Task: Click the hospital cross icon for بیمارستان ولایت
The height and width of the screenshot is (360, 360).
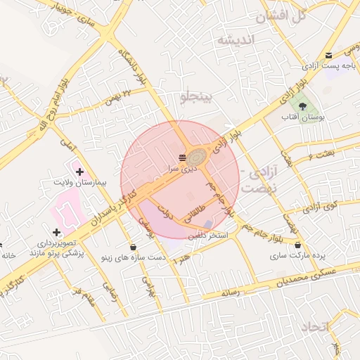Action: [79, 171]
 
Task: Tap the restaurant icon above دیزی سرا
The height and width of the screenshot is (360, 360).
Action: [182, 156]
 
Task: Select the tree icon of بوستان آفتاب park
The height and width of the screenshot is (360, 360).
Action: [302, 106]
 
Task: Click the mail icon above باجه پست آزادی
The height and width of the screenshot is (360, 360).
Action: [328, 55]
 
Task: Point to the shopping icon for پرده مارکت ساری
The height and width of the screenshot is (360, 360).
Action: [299, 245]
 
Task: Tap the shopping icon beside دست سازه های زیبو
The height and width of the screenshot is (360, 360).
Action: [134, 247]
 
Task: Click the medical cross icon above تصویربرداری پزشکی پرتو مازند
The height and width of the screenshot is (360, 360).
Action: [56, 232]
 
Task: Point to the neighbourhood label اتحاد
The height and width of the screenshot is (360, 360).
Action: [314, 328]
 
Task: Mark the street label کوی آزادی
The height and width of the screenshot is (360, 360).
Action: [321, 207]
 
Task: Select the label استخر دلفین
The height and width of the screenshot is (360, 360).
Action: [210, 236]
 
